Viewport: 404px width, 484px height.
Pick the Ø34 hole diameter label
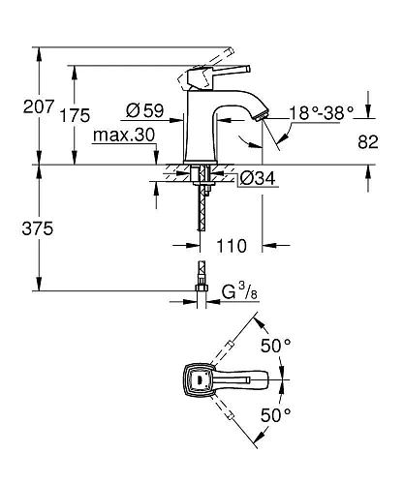click(x=258, y=178)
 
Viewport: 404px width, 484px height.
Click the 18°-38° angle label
click(x=323, y=113)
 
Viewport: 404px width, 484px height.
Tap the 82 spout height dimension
click(x=368, y=141)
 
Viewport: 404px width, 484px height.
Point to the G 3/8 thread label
click(x=237, y=291)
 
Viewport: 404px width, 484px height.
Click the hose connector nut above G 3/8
click(x=202, y=287)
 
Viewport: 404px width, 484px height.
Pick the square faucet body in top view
click(x=200, y=380)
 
